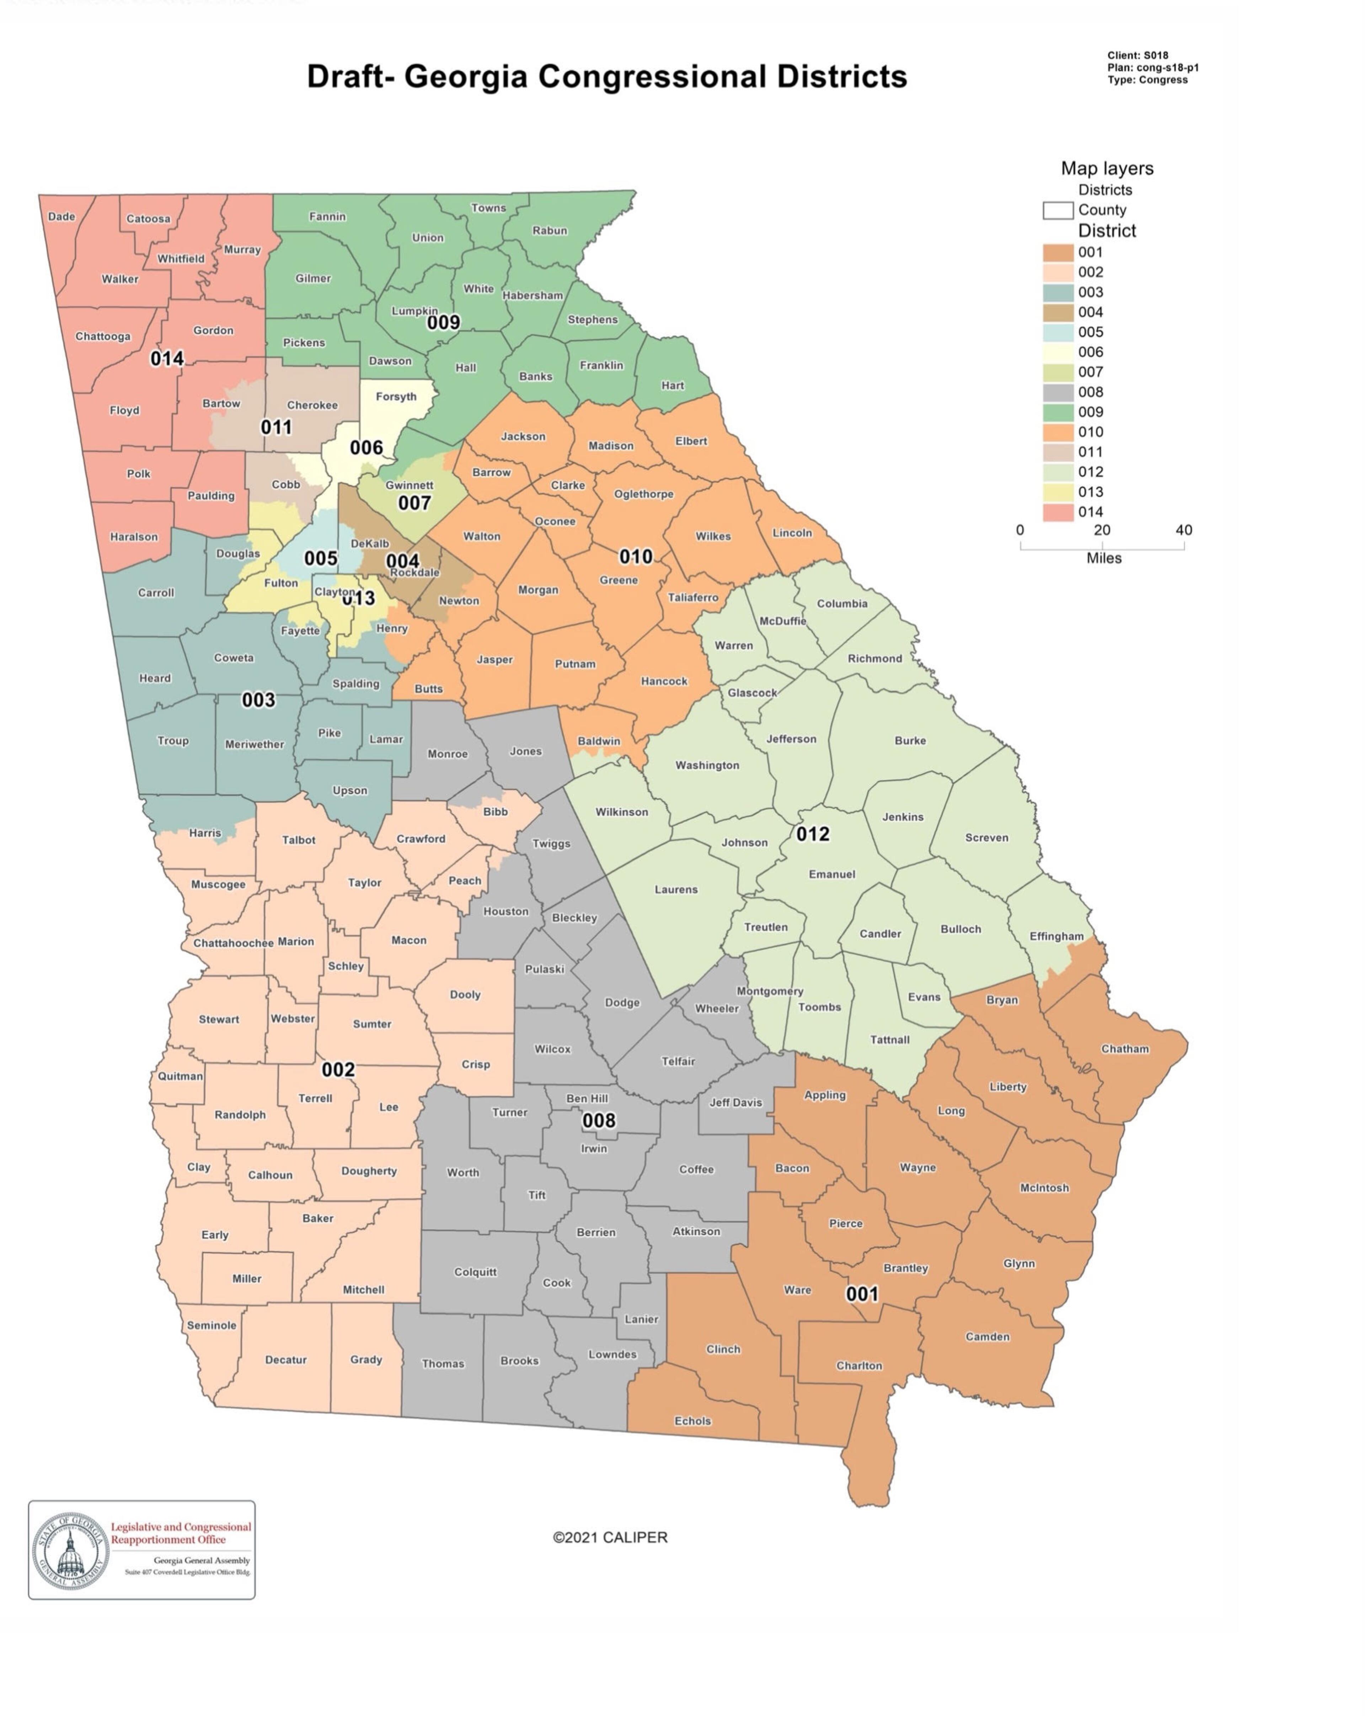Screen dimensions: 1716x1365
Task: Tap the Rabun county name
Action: click(x=549, y=231)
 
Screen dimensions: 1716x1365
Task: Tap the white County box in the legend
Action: click(x=1058, y=210)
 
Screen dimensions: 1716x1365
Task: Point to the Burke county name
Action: click(x=910, y=740)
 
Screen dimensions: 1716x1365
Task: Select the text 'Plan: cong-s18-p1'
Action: click(x=1152, y=68)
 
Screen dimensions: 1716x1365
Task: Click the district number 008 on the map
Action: click(x=599, y=1121)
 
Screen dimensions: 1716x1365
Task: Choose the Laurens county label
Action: click(x=676, y=890)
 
